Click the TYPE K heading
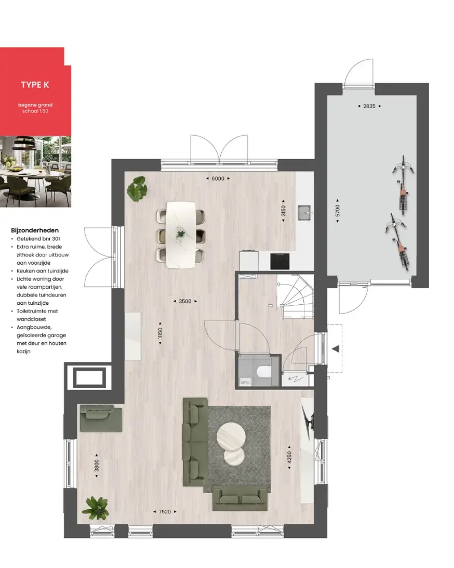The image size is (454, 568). point(35,85)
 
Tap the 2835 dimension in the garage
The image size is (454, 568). point(369,106)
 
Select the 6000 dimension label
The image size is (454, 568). point(218,178)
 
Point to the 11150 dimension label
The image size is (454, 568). point(160,333)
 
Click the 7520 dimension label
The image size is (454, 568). point(165,511)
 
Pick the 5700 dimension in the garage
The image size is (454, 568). point(338,211)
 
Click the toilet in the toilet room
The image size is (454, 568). point(263,372)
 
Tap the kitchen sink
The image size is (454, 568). point(304,213)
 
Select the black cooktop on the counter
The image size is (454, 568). point(279,261)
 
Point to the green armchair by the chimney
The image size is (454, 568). point(101,418)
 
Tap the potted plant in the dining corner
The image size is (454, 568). point(137,189)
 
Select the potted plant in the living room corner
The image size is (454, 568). point(96,508)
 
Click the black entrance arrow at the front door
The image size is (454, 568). point(336,349)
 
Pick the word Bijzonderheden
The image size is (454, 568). point(35,230)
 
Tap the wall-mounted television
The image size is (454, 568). point(309,419)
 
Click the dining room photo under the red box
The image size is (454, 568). point(35,171)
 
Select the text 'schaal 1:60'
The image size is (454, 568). point(35,111)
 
